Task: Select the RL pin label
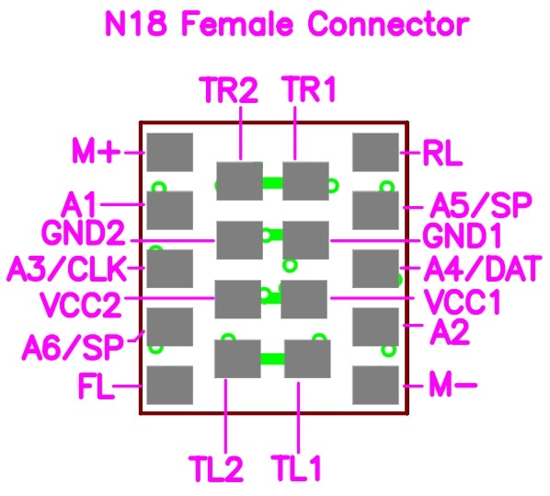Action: point(442,153)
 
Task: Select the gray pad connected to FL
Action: point(169,386)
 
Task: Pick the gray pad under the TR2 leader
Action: point(239,181)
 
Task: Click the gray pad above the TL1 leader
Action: point(307,358)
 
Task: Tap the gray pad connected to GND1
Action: point(305,240)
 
